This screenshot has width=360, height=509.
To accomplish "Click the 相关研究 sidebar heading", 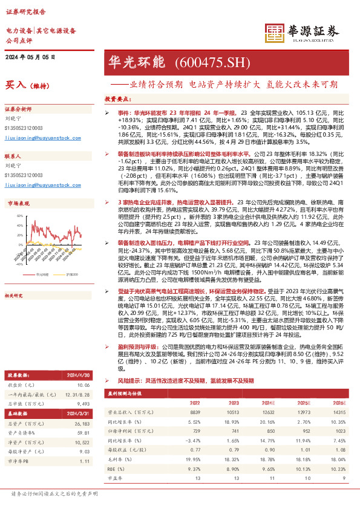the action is pos(13,296).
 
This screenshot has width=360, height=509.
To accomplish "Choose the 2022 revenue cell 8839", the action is pos(194,410).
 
